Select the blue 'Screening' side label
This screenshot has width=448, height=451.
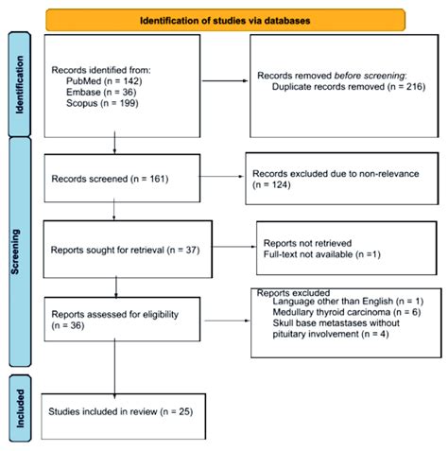tap(20, 251)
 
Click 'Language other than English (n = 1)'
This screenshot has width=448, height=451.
tap(336, 302)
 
